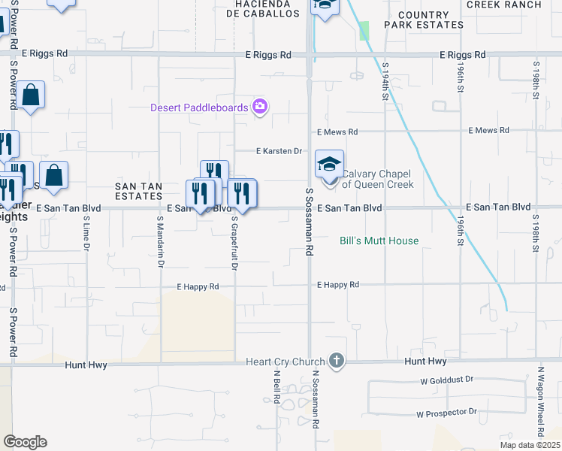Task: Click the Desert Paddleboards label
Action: pos(199,107)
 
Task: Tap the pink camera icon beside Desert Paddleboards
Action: pos(260,107)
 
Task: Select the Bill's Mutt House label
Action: pos(379,241)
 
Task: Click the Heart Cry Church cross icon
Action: pos(336,362)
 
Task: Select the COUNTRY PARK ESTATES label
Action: pos(424,20)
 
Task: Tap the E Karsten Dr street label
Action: pos(279,151)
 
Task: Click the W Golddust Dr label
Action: pos(448,380)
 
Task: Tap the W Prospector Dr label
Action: pos(447,413)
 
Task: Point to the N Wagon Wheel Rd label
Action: pos(540,401)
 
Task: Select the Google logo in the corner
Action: pos(25,442)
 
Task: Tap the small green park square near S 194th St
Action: pos(364,31)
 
